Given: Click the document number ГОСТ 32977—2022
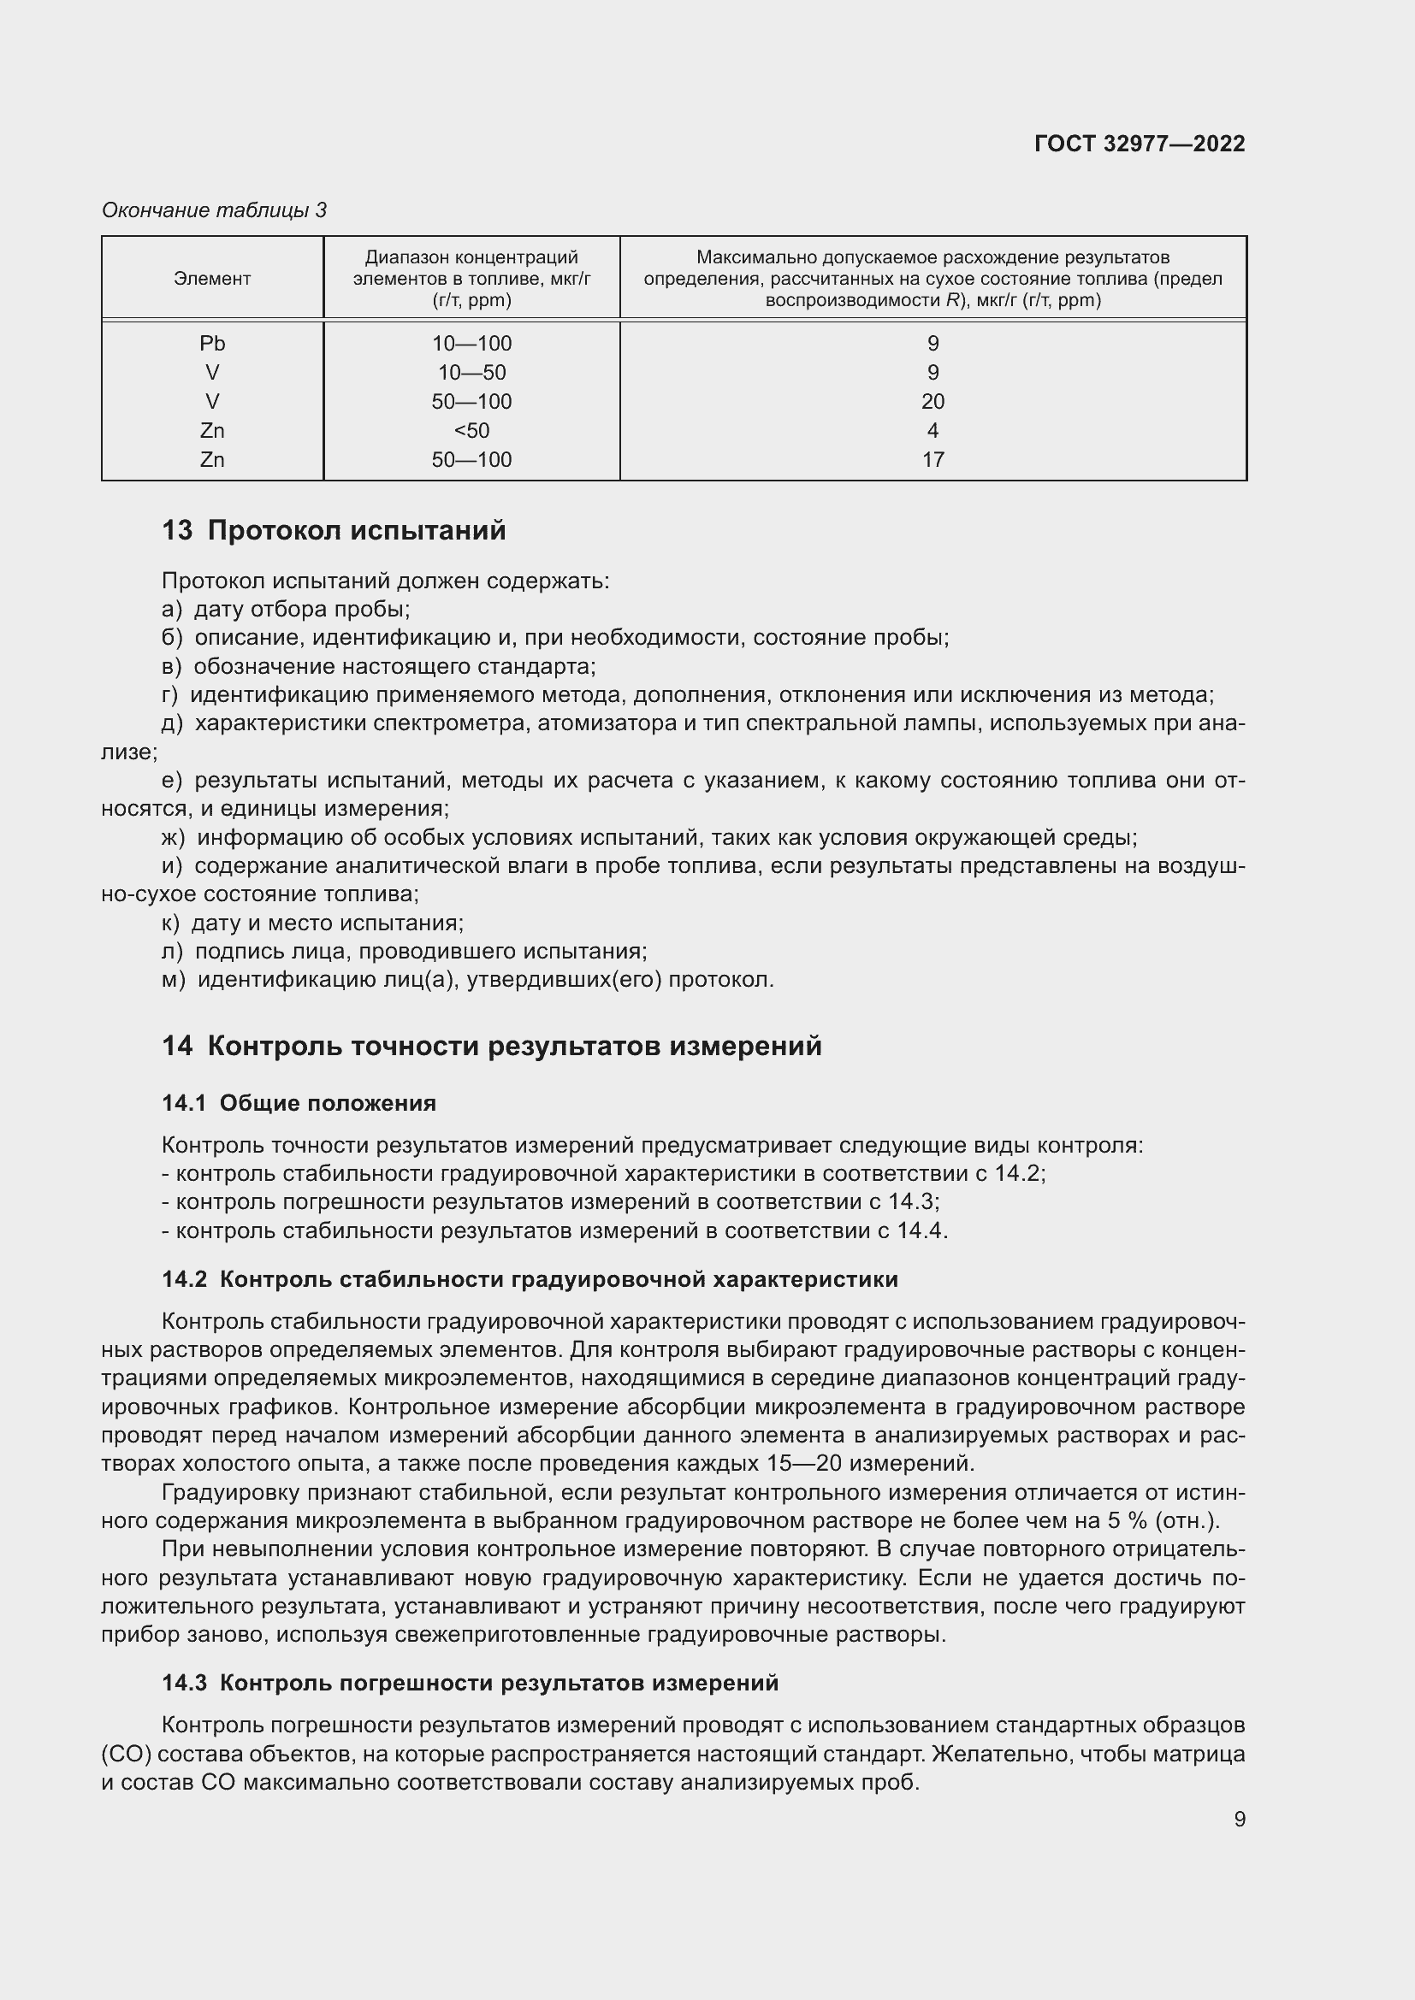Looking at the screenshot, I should tap(1139, 144).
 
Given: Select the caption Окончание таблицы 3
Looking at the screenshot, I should tap(215, 210).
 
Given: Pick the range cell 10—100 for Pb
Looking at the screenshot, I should tap(471, 343).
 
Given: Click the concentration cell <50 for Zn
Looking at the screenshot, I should tap(471, 430).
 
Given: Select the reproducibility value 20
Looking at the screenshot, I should tap(932, 402).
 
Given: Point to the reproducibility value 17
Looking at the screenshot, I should tap(932, 460).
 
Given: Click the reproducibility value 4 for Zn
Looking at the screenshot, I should tap(932, 430).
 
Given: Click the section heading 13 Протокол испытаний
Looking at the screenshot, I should tap(334, 530).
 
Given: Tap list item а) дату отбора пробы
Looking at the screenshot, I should tap(286, 609).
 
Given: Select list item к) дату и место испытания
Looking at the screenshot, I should tap(313, 923).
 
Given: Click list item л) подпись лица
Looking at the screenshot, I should tap(405, 951).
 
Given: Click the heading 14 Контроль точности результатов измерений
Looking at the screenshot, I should tap(491, 1045).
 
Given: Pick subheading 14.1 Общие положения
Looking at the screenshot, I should tap(299, 1103).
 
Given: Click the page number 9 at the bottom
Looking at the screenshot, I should tap(1239, 1819).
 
